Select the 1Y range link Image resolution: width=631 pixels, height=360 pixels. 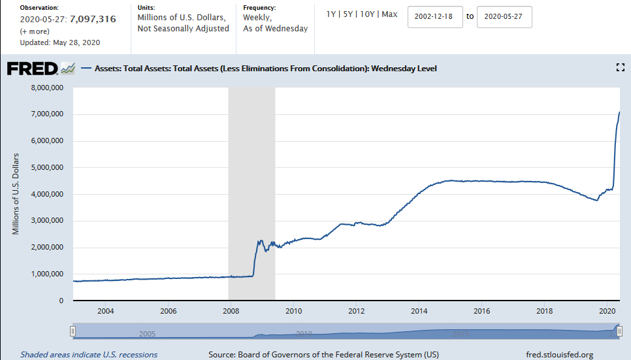point(332,14)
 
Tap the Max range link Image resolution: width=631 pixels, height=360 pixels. point(389,14)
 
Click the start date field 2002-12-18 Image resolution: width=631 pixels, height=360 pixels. point(435,17)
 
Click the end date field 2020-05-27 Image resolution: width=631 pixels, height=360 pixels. point(504,17)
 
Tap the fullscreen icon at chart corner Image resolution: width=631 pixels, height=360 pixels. point(621,67)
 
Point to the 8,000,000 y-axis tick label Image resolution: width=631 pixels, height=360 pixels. point(47,88)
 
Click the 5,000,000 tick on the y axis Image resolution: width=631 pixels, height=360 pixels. point(47,167)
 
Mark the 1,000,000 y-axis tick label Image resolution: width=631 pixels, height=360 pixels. point(47,274)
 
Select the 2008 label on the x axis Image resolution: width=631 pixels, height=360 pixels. point(231,310)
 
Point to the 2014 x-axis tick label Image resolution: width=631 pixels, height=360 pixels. point(419,310)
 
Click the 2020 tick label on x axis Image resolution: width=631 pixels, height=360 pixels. point(607,310)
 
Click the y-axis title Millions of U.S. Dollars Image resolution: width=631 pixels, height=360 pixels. point(16,194)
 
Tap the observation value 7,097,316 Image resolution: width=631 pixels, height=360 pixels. point(93,19)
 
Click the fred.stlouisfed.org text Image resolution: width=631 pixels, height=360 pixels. point(559,355)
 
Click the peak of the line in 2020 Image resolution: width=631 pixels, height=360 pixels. point(619,112)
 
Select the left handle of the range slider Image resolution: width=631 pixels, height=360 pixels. point(73,332)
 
